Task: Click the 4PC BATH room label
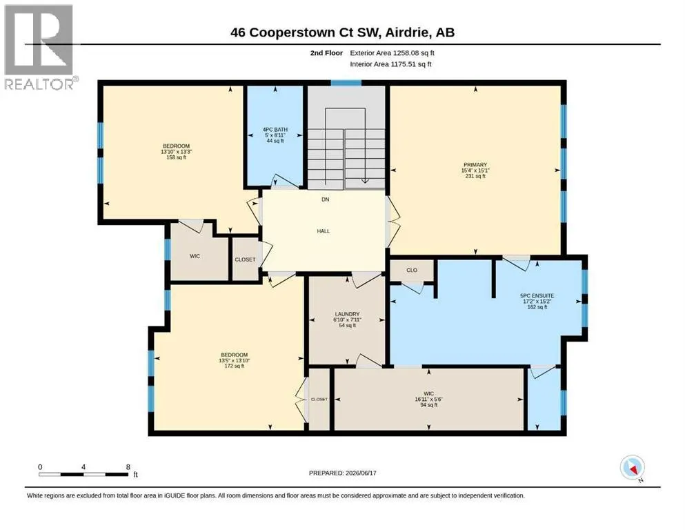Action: [x=275, y=129]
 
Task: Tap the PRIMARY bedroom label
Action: [x=475, y=165]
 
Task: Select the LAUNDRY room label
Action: [x=347, y=314]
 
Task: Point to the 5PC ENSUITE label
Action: [x=537, y=295]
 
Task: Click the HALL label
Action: [x=324, y=231]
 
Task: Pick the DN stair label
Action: [x=326, y=199]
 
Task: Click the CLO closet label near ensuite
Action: [x=412, y=270]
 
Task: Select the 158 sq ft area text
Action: [x=177, y=157]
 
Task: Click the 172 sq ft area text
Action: [x=234, y=366]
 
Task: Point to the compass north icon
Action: [x=633, y=468]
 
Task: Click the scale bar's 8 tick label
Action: [x=128, y=467]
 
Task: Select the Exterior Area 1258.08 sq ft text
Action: [x=393, y=53]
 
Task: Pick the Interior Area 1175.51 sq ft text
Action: [x=390, y=63]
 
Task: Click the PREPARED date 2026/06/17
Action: [x=342, y=473]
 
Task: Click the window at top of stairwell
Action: [x=346, y=83]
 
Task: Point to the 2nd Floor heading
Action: [x=326, y=53]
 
